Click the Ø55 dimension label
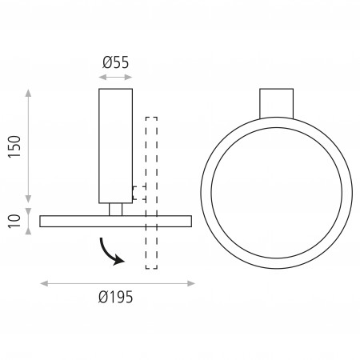[x=115, y=62]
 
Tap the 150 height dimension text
[x=14, y=146]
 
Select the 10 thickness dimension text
[x=14, y=221]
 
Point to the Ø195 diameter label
[x=115, y=297]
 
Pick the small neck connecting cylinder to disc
[x=115, y=210]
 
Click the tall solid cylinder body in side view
[x=115, y=146]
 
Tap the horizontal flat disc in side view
[x=115, y=222]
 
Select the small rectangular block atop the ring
[x=277, y=103]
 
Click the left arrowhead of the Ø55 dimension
[x=102, y=78]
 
